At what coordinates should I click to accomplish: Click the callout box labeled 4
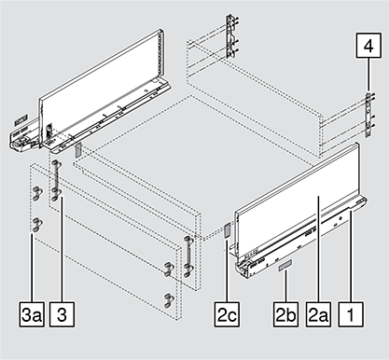[x=368, y=46]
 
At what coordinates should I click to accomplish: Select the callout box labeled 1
[x=351, y=314]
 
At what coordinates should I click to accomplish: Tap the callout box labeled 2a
[x=318, y=314]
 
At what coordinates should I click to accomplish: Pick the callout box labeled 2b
[x=285, y=314]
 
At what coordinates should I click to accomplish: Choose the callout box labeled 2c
[x=227, y=314]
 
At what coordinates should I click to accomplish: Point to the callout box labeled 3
[x=63, y=314]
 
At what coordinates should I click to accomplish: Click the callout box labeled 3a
[x=32, y=314]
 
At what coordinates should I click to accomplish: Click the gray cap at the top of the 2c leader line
[x=227, y=230]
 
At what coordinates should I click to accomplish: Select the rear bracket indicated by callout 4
[x=368, y=115]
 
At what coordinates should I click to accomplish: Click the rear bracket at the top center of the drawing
[x=231, y=36]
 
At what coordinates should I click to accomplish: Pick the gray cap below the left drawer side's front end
[x=77, y=150]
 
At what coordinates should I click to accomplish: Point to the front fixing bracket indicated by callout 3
[x=55, y=180]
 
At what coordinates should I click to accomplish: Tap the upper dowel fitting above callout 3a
[x=37, y=193]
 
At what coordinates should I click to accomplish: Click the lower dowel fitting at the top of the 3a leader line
[x=37, y=225]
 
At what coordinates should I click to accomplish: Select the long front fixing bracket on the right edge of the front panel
[x=188, y=256]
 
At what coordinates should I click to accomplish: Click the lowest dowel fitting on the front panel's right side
[x=168, y=300]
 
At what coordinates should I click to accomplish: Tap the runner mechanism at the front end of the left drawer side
[x=23, y=138]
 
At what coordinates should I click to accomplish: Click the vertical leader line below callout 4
[x=368, y=75]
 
